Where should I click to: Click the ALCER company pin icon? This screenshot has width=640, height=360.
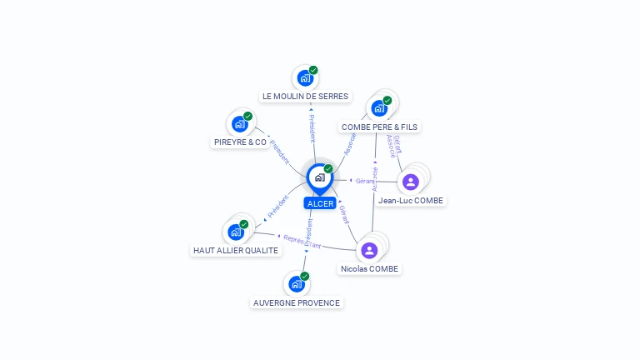tap(319, 177)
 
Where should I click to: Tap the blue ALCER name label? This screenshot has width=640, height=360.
tap(320, 203)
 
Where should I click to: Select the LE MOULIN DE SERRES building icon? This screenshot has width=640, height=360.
tap(305, 78)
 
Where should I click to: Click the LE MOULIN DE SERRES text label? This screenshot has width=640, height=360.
tap(305, 96)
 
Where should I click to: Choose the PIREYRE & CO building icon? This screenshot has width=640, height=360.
tap(240, 124)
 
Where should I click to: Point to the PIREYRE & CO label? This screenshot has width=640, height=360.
tap(240, 142)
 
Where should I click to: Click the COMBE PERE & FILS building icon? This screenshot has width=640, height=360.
tap(379, 108)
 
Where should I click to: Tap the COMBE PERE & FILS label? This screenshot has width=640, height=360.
tap(380, 127)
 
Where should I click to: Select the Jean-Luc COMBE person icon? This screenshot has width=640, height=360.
tap(410, 182)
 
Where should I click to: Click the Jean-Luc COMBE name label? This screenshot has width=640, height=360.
tap(411, 200)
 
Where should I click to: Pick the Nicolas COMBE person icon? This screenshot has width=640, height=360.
tap(369, 250)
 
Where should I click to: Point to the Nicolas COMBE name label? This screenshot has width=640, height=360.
tap(370, 268)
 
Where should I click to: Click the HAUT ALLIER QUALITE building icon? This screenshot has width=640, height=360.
tap(236, 232)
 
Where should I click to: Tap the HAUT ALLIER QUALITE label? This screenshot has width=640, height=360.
tap(236, 250)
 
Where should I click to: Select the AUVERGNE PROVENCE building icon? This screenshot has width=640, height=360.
tap(297, 284)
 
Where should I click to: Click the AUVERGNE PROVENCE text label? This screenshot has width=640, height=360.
tap(297, 302)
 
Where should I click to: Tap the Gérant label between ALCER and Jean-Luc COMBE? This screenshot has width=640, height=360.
tap(364, 180)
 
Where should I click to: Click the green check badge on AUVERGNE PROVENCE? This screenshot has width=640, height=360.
tap(305, 276)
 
